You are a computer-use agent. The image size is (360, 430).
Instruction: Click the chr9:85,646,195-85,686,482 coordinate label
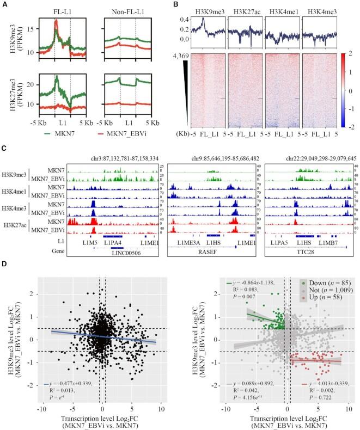pyautogui.click(x=211, y=158)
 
